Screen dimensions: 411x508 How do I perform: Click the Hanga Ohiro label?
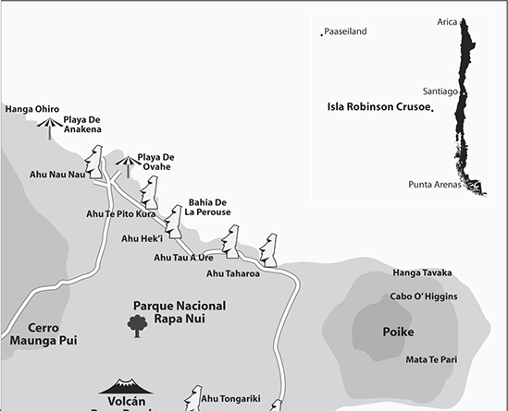point(31,109)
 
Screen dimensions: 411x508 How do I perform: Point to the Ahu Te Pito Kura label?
point(120,213)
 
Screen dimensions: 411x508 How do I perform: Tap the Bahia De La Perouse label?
point(207,207)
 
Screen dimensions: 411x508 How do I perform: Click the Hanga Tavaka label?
point(422,272)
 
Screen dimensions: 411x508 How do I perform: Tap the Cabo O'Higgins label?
point(424,296)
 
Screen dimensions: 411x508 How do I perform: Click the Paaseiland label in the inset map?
point(345,31)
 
